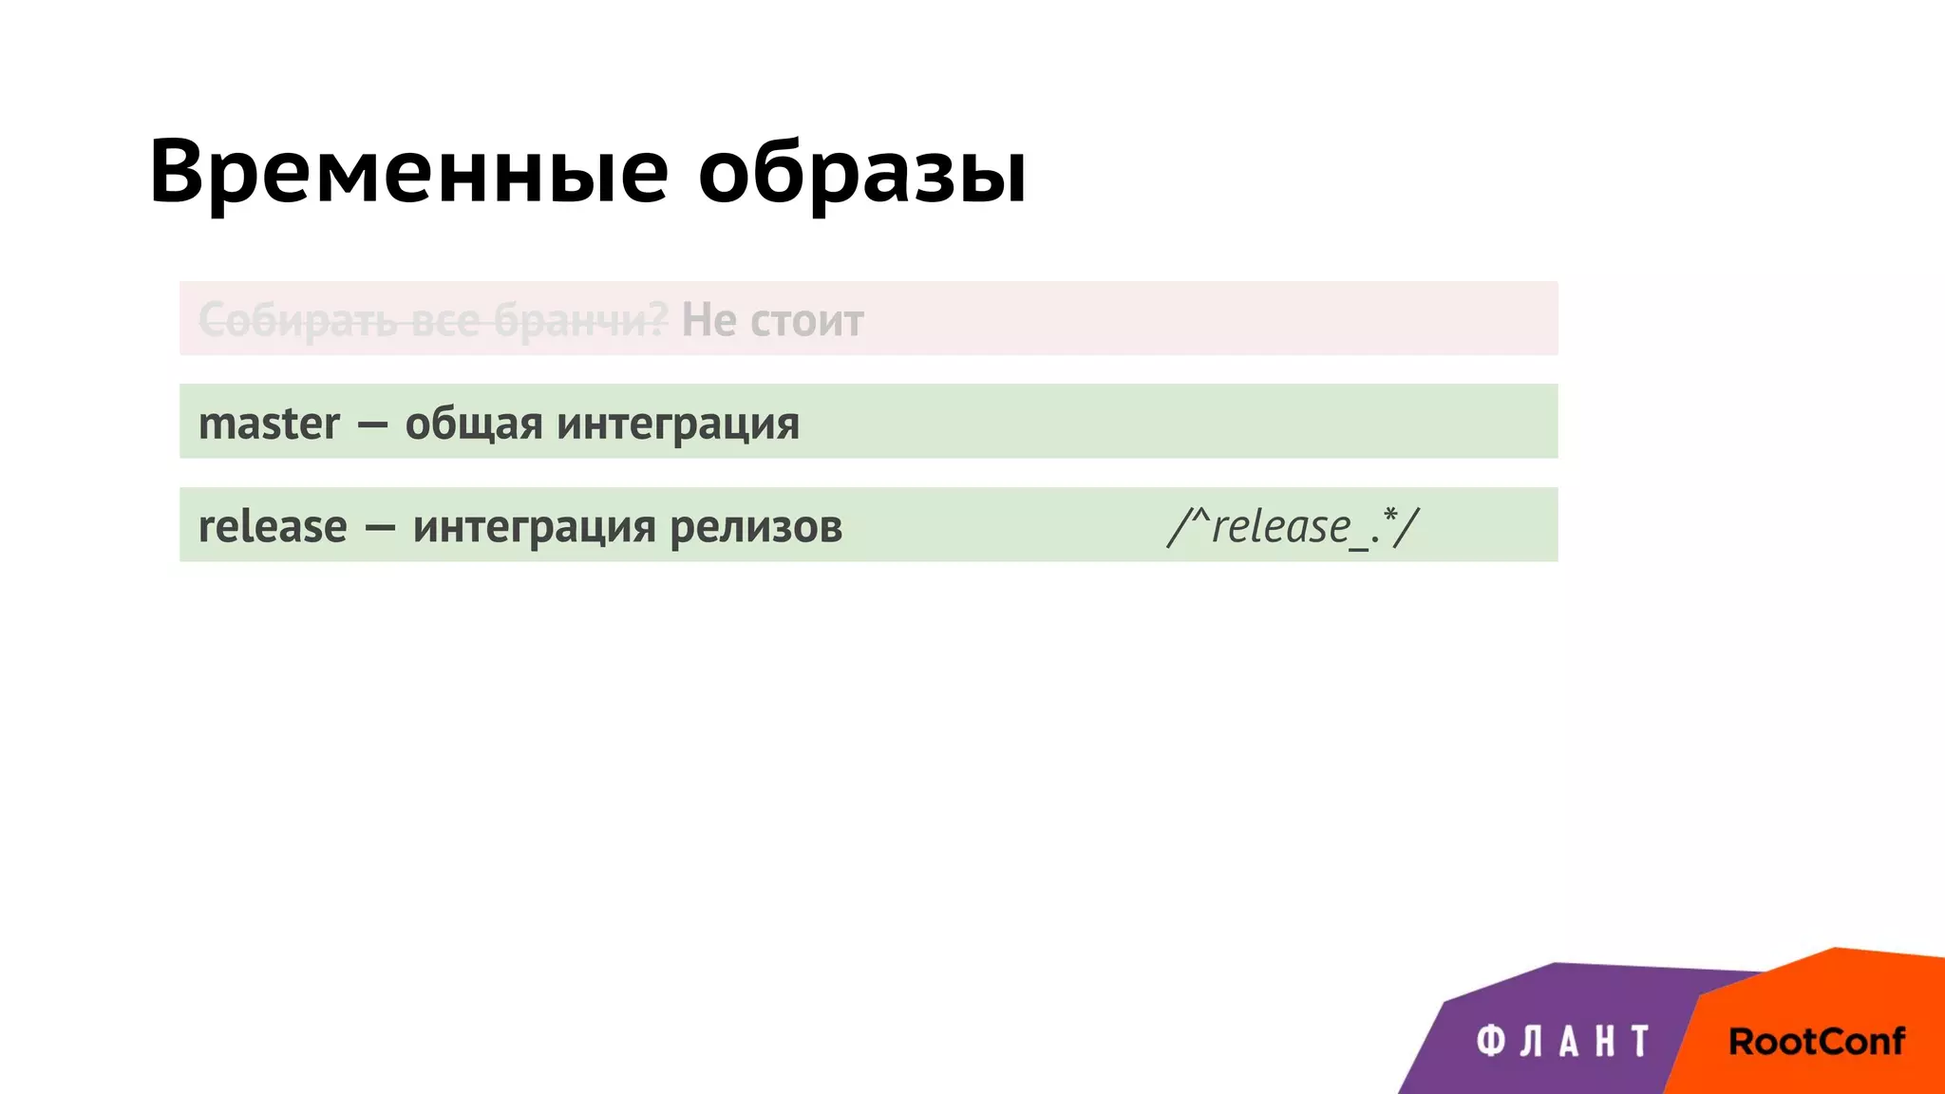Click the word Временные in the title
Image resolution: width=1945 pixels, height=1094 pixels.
409,172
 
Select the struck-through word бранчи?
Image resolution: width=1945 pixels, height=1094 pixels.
580,321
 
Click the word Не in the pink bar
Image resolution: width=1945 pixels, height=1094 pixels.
708,320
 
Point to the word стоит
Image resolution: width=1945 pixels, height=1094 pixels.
806,321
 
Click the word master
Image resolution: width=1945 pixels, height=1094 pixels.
269,424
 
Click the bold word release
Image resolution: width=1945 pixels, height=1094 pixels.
273,527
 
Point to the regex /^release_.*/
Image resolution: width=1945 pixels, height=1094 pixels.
1293,527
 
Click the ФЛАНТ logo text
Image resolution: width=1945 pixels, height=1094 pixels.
1562,1042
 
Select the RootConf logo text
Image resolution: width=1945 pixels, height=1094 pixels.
1816,1042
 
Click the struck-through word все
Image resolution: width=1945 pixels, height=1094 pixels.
446,321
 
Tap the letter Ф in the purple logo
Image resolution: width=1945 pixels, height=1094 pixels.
1491,1042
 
